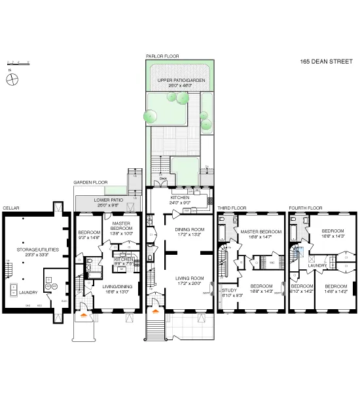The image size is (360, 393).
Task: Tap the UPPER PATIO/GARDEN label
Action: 179,81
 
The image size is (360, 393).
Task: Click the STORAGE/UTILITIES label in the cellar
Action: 29,249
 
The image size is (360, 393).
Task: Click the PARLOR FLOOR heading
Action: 162,56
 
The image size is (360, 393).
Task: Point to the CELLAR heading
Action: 11,208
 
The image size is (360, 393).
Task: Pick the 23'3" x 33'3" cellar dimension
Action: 29,254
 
